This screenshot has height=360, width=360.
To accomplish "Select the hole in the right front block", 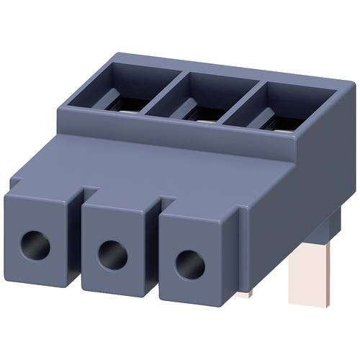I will pyautogui.click(x=188, y=260).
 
